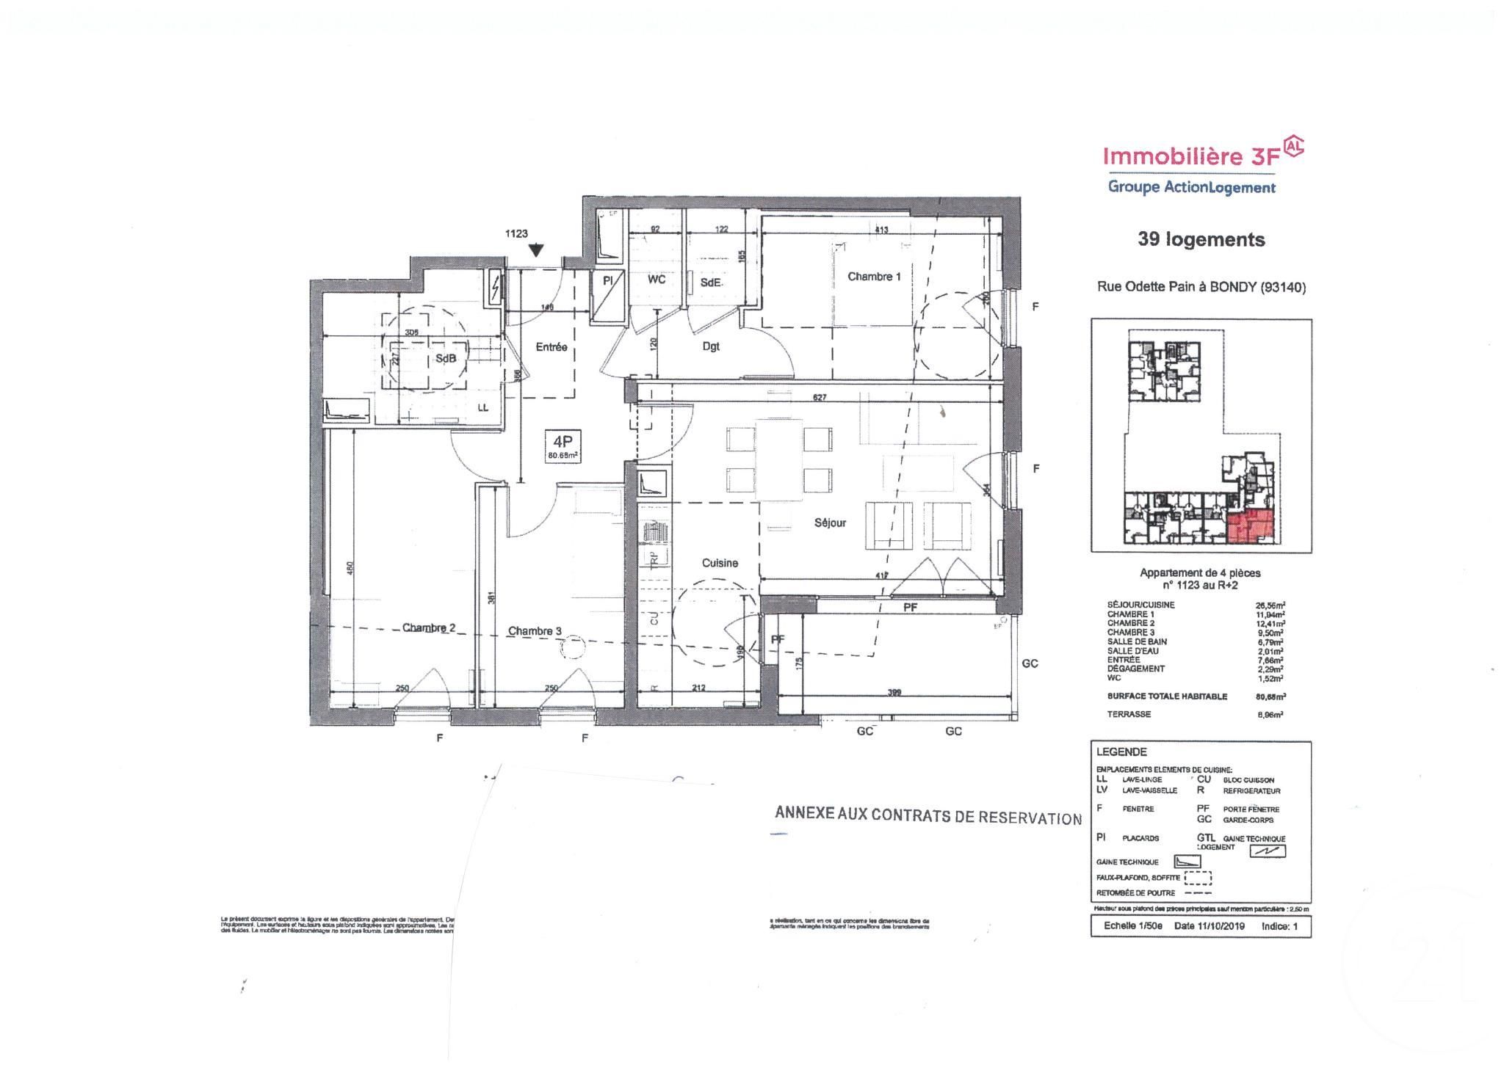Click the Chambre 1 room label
point(873,277)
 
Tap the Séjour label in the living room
point(830,523)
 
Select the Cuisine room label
point(720,563)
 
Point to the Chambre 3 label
point(535,630)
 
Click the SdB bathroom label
point(445,358)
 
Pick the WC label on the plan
point(656,280)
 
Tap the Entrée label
point(551,347)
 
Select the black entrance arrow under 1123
point(537,251)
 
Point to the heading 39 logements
point(1201,239)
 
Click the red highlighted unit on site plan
point(1248,526)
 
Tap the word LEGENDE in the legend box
point(1121,752)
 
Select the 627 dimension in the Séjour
point(820,398)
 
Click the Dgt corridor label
point(711,346)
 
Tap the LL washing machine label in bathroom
point(482,408)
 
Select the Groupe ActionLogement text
point(1191,187)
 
